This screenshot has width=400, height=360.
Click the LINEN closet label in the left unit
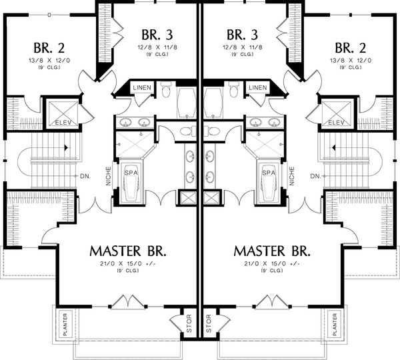(143, 88)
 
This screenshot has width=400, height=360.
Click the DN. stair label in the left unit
(85, 176)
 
